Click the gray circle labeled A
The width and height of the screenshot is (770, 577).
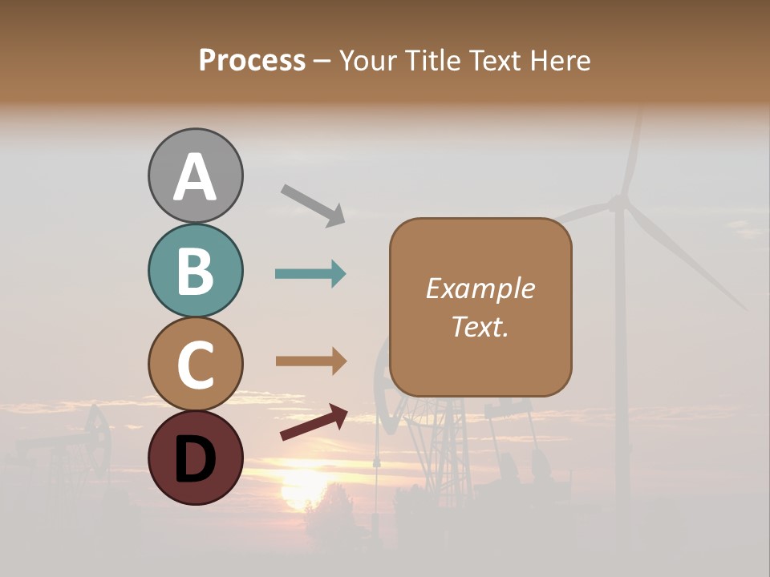click(195, 176)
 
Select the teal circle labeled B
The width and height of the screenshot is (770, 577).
click(195, 270)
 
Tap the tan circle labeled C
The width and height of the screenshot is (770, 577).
click(195, 364)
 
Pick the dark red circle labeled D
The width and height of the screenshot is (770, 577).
click(195, 458)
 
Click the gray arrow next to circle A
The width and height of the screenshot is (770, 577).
click(313, 204)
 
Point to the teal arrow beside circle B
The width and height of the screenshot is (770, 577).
click(310, 274)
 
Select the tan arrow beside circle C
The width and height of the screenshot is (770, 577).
click(310, 361)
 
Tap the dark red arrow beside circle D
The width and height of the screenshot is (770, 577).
click(314, 423)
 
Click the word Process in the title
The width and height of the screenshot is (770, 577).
click(252, 61)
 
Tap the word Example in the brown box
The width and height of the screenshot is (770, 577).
click(480, 288)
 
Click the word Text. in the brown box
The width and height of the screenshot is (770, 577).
click(480, 326)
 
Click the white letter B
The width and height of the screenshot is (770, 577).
click(195, 271)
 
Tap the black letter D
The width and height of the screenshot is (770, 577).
click(195, 458)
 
